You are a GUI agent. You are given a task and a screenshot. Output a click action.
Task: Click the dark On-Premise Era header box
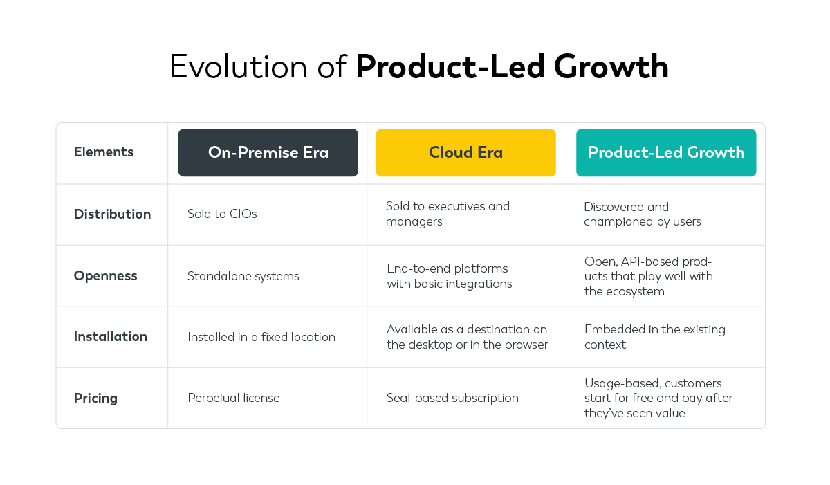pyautogui.click(x=268, y=152)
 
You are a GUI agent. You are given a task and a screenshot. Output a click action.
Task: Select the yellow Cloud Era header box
pyautogui.click(x=465, y=152)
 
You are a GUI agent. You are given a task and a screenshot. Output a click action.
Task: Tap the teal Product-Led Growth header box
pyautogui.click(x=665, y=152)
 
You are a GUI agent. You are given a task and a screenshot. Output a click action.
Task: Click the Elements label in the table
pyautogui.click(x=104, y=152)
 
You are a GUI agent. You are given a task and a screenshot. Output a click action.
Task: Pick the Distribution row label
pyautogui.click(x=112, y=214)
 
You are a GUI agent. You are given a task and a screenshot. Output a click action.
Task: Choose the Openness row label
pyautogui.click(x=105, y=276)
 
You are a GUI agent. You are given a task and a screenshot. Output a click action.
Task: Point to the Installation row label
pyautogui.click(x=111, y=337)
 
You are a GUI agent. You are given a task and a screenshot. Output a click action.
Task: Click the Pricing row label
pyautogui.click(x=95, y=399)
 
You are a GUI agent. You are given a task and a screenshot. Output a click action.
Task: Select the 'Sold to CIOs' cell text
pyautogui.click(x=222, y=214)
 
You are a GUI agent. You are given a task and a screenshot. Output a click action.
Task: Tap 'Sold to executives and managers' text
pyautogui.click(x=448, y=214)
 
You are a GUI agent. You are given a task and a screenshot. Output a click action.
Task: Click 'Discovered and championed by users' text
pyautogui.click(x=642, y=214)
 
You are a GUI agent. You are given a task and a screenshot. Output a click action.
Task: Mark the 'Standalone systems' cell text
pyautogui.click(x=243, y=277)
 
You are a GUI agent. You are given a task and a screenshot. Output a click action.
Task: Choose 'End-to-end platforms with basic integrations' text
pyautogui.click(x=449, y=276)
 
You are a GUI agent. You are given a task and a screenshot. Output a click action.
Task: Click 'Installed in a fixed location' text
pyautogui.click(x=261, y=338)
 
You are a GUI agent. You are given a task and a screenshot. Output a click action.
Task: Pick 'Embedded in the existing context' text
pyautogui.click(x=654, y=337)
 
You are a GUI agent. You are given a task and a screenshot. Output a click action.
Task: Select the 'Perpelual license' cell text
pyautogui.click(x=234, y=399)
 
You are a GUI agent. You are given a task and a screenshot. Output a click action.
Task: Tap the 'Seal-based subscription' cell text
pyautogui.click(x=452, y=399)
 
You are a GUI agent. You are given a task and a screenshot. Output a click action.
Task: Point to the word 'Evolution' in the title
pyautogui.click(x=228, y=68)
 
